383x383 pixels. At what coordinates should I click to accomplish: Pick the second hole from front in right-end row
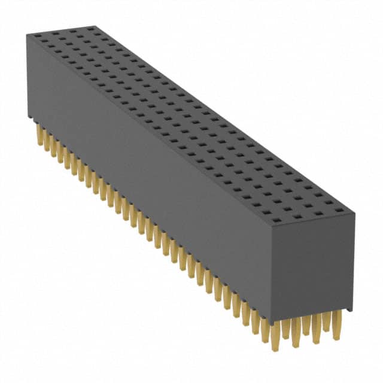click(x=291, y=217)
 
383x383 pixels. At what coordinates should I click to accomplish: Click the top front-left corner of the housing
click(x=27, y=34)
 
